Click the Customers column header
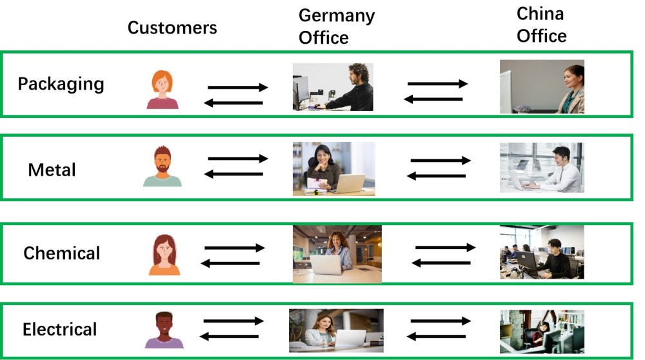tap(172, 28)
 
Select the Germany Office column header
tap(336, 26)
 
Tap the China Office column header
tap(542, 25)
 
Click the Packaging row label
tap(61, 84)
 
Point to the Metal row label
tap(52, 170)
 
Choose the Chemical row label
tap(62, 253)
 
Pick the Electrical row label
tap(60, 330)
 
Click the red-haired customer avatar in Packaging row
tap(163, 90)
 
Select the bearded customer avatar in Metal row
tap(163, 167)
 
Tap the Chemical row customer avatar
tap(164, 255)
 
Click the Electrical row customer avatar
tap(164, 330)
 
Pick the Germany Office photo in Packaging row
tap(333, 87)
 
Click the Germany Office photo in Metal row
tap(333, 169)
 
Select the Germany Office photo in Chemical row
tap(337, 254)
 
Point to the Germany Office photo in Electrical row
tap(336, 331)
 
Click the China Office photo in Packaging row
tap(542, 87)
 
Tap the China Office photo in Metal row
tap(541, 168)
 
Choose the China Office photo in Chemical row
tap(542, 252)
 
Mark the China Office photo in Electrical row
tap(542, 332)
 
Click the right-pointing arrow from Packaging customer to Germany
tap(237, 87)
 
